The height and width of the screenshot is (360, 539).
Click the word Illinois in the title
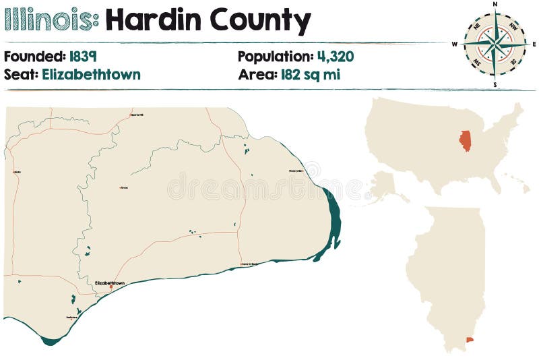pyautogui.click(x=51, y=21)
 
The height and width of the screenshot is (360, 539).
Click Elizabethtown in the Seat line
pyautogui.click(x=91, y=74)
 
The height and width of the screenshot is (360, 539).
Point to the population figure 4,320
pyautogui.click(x=336, y=56)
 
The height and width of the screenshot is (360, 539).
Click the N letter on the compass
pyautogui.click(x=495, y=4)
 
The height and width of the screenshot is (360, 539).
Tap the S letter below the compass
pyautogui.click(x=495, y=85)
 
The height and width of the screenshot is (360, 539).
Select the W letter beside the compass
pyautogui.click(x=455, y=44)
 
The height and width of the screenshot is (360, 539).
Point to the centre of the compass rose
pyautogui.click(x=495, y=44)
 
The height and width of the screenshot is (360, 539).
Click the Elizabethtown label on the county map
pyautogui.click(x=110, y=282)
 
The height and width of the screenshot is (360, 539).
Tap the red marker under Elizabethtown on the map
pyautogui.click(x=110, y=288)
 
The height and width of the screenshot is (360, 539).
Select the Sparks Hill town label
pyautogui.click(x=137, y=115)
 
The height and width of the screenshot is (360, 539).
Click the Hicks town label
pyautogui.click(x=17, y=172)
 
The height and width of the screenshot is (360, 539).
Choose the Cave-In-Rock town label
pyautogui.click(x=249, y=264)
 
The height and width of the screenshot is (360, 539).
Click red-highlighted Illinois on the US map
pyautogui.click(x=465, y=140)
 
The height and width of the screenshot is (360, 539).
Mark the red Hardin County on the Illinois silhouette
pyautogui.click(x=470, y=339)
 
